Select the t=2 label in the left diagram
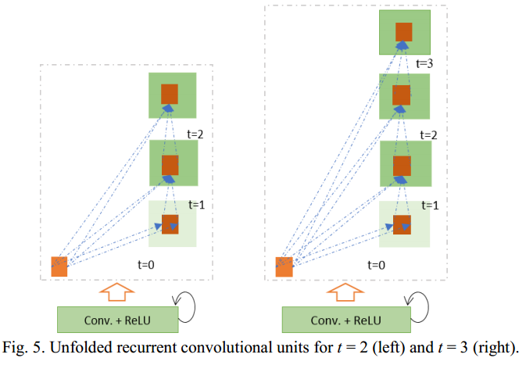[195, 134]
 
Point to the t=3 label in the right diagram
[424, 63]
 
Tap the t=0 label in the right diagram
[378, 264]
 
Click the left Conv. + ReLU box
[118, 319]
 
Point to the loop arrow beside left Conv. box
[190, 304]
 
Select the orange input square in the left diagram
[59, 266]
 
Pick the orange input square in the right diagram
[284, 266]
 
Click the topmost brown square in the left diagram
[170, 94]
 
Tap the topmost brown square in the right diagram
[403, 32]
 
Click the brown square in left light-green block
[170, 223]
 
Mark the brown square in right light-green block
[402, 224]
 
